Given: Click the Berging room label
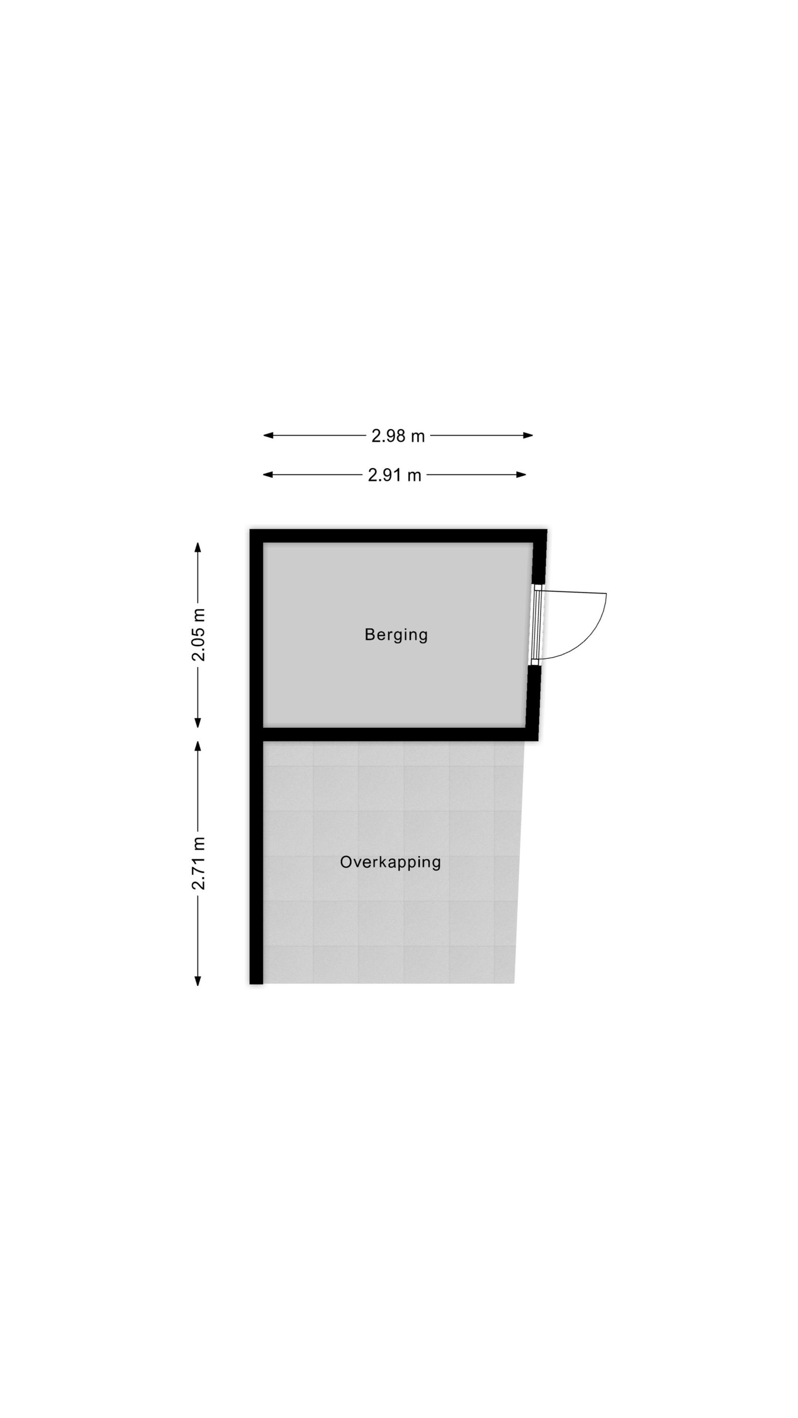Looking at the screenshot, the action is [396, 635].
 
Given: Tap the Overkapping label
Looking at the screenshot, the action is [391, 862].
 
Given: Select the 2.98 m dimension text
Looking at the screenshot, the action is [398, 436].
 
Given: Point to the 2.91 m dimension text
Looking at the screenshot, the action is [394, 475].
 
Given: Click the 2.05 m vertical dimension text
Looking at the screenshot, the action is [198, 635].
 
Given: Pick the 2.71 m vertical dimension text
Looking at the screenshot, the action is [198, 863].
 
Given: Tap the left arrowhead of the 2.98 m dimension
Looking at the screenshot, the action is [268, 435].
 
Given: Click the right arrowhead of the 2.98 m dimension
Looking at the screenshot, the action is [528, 435].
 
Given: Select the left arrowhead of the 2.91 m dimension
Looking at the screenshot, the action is [268, 475].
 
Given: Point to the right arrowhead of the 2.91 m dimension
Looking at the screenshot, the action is [522, 475].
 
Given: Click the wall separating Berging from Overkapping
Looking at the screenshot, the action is [394, 734].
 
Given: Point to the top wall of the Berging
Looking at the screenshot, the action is [398, 536].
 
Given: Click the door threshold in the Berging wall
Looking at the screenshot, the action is [537, 625].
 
